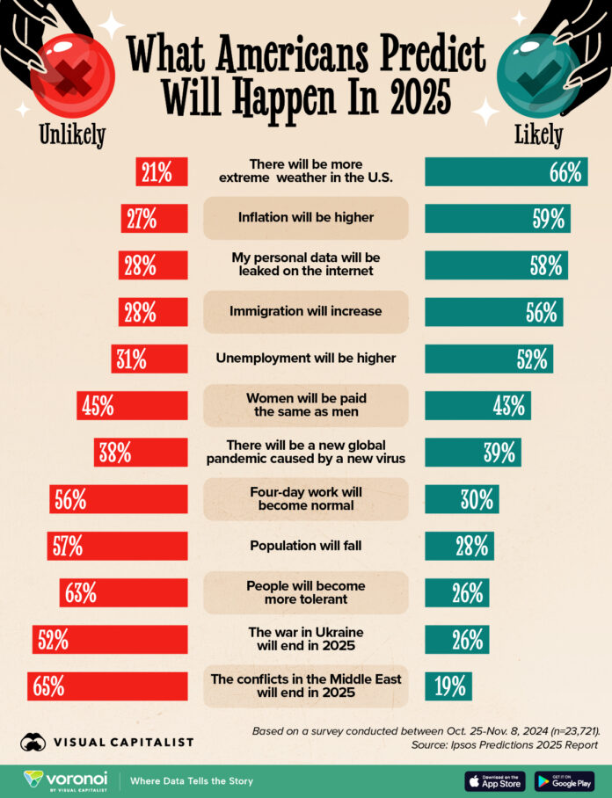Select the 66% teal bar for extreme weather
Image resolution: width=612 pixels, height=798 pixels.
click(506, 172)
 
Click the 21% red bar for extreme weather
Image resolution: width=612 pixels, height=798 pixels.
click(161, 172)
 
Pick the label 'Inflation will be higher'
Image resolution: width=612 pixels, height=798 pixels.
click(306, 218)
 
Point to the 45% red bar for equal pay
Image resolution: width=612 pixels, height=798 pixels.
click(132, 405)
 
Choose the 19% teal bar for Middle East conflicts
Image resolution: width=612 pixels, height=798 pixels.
click(448, 686)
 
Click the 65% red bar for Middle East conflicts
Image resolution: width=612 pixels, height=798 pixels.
click(107, 686)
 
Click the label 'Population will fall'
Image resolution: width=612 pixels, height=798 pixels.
click(306, 546)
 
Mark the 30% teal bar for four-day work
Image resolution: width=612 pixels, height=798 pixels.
click(462, 499)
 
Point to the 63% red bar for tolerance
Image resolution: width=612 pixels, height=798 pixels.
click(123, 592)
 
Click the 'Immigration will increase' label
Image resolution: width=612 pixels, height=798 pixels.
click(306, 311)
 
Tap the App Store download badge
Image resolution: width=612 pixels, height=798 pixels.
click(494, 780)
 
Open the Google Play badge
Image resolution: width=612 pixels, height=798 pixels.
click(565, 780)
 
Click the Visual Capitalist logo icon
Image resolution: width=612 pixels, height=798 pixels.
click(34, 742)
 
